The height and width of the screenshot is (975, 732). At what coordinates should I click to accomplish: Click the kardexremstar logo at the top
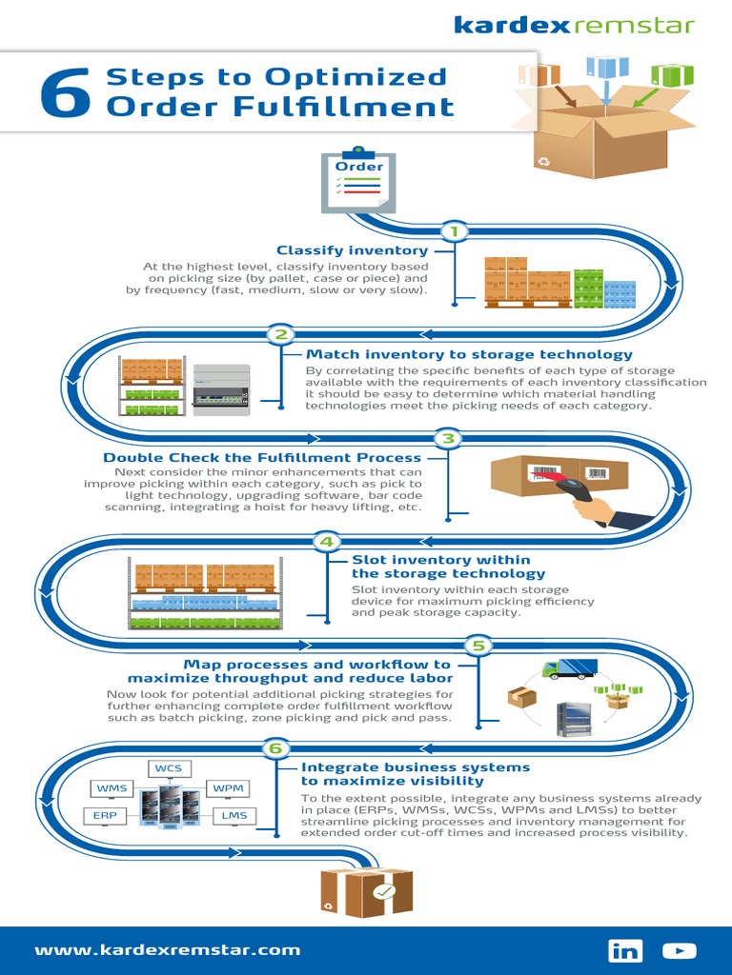point(574,25)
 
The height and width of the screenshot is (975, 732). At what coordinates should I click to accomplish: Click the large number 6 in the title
point(67,95)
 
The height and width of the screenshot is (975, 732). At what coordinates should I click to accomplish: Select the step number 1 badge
point(455,231)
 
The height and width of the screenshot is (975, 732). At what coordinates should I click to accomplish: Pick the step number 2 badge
point(280,334)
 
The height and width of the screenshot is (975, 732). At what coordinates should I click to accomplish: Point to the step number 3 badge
point(448,438)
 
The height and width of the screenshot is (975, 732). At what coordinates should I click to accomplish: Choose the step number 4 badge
point(327,542)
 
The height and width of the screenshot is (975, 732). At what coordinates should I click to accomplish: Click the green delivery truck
point(569,668)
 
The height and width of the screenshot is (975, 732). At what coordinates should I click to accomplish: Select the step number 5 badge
point(478,646)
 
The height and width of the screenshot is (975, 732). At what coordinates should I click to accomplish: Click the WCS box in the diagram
point(169,768)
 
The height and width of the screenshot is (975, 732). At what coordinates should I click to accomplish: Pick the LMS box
point(234,816)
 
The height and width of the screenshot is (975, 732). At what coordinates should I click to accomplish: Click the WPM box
point(228,788)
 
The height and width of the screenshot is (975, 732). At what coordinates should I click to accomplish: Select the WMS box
point(112,788)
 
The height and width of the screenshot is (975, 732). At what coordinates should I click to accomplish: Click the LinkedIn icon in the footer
point(625,950)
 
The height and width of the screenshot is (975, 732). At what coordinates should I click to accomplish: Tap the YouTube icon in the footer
point(680,950)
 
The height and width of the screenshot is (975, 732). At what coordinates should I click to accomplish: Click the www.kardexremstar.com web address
point(168,949)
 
